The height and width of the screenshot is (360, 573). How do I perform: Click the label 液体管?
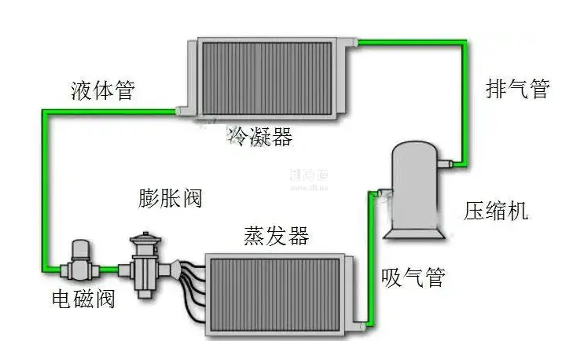coord(101,90)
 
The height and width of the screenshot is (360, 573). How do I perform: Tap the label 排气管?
coord(516,88)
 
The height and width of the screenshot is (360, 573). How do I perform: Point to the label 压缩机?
coord(495,211)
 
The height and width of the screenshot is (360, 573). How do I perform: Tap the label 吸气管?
coord(413,277)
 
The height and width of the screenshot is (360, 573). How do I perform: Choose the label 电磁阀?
coord(83,299)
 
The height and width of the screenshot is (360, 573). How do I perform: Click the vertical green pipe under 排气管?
coord(469,102)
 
